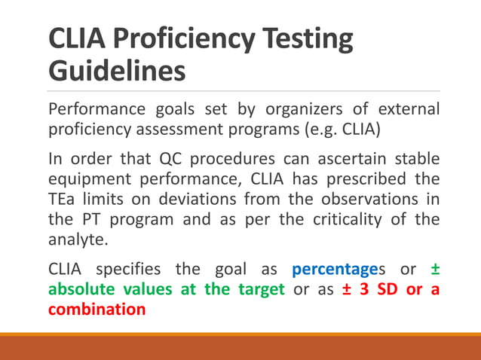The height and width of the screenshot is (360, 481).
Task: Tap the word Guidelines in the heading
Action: (118, 72)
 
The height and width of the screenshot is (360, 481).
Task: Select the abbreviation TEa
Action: (63, 200)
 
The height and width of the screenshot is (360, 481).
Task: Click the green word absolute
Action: (81, 290)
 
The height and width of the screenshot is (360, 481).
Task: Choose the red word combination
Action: (97, 309)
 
